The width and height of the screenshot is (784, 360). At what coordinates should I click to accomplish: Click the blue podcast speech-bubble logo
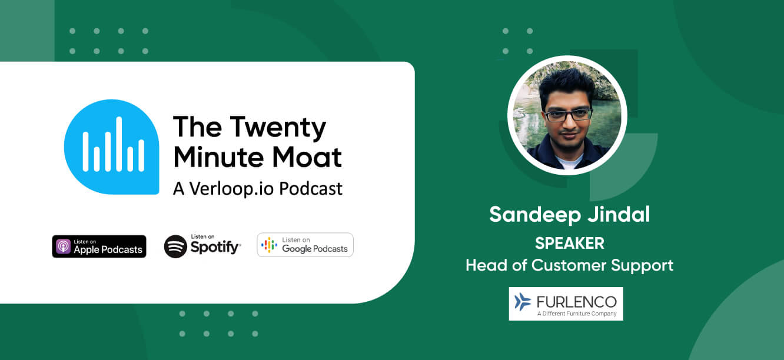111,146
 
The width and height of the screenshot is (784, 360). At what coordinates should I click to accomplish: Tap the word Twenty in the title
277,128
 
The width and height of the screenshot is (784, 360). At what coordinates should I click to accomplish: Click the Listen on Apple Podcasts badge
99,246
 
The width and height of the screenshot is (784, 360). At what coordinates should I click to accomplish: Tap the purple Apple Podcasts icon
63,246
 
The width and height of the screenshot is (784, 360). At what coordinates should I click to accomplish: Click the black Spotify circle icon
175,246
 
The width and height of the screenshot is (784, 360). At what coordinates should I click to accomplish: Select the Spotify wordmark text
215,248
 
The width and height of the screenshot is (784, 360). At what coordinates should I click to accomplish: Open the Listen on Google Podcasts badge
305,245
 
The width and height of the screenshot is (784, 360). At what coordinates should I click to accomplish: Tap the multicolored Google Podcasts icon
269,245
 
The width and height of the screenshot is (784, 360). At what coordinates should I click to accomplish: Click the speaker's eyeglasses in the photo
568,115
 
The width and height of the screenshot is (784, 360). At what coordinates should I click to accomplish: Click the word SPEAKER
569,243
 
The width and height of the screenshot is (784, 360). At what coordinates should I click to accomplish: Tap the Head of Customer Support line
569,265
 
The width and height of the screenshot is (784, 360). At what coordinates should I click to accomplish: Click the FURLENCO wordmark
576,301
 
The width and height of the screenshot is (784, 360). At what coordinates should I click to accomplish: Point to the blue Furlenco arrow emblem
522,302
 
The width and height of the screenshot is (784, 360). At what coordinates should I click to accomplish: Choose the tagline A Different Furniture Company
576,314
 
